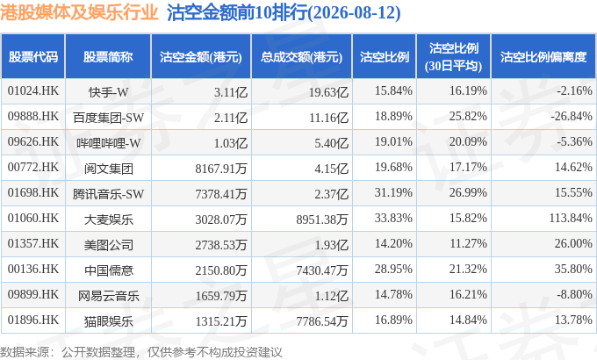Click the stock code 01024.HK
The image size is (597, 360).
pyautogui.click(x=33, y=91)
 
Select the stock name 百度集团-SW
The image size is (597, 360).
pyautogui.click(x=109, y=118)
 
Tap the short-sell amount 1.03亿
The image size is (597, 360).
pyautogui.click(x=231, y=143)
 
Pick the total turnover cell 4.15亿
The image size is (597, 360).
pyautogui.click(x=331, y=169)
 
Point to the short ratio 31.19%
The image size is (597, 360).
pyautogui.click(x=393, y=193)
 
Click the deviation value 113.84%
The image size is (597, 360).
pyautogui.click(x=571, y=219)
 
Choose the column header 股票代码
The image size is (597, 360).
pyautogui.click(x=33, y=57)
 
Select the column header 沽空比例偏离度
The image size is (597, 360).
pyautogui.click(x=543, y=57)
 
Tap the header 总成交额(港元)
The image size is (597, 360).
pyautogui.click(x=301, y=57)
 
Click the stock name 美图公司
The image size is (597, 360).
pyautogui.click(x=109, y=245)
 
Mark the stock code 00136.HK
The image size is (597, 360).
pyautogui.click(x=33, y=270)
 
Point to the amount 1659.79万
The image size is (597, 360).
pyautogui.click(x=221, y=296)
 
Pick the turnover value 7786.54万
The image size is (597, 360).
pyautogui.click(x=322, y=321)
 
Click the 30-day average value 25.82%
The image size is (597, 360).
pyautogui.click(x=468, y=116)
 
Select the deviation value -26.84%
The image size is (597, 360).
pyautogui.click(x=572, y=116)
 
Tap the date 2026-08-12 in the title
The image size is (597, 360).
pyautogui.click(x=355, y=13)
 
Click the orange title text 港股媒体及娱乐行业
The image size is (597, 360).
pyautogui.click(x=79, y=12)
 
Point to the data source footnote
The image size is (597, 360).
pyautogui.click(x=141, y=352)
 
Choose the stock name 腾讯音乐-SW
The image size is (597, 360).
pyautogui.click(x=109, y=194)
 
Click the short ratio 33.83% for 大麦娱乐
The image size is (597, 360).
pyautogui.click(x=393, y=219)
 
